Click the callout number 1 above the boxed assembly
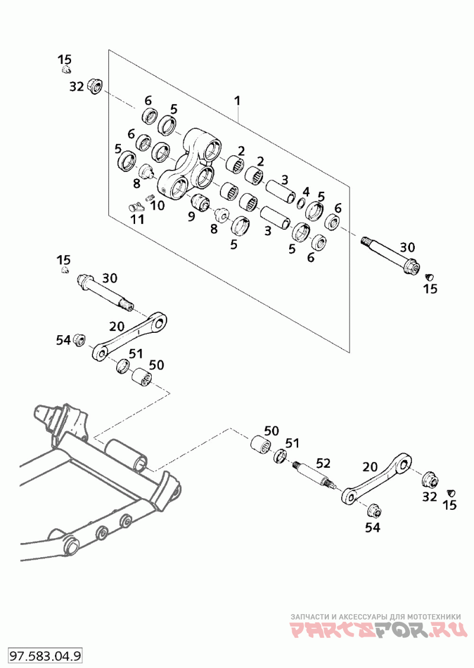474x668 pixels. tap(238, 101)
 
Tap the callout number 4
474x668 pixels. tap(306, 191)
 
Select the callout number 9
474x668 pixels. tap(191, 217)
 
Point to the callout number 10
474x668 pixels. tap(157, 205)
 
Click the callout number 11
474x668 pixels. tap(137, 220)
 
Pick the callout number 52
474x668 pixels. tap(323, 463)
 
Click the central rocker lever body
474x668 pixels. tap(190, 166)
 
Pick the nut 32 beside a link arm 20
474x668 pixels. tap(430, 477)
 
